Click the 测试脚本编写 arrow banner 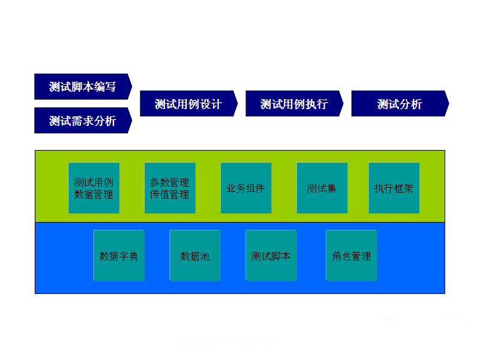(x=82, y=86)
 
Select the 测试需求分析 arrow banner (x=82, y=121)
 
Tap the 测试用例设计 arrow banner (x=188, y=104)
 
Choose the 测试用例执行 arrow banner (x=293, y=104)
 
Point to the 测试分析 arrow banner (x=399, y=104)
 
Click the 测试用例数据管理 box (x=94, y=188)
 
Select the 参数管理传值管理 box (x=170, y=188)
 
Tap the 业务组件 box (x=246, y=188)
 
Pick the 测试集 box (x=322, y=188)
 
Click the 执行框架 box (x=394, y=188)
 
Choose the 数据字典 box (x=119, y=256)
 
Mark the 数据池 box (x=195, y=256)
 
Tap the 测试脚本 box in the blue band (x=271, y=256)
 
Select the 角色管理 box (x=352, y=256)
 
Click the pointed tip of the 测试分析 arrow (x=448, y=104)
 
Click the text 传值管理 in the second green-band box (x=170, y=194)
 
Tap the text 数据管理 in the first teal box (x=94, y=194)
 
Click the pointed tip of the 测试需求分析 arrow (x=131, y=121)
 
